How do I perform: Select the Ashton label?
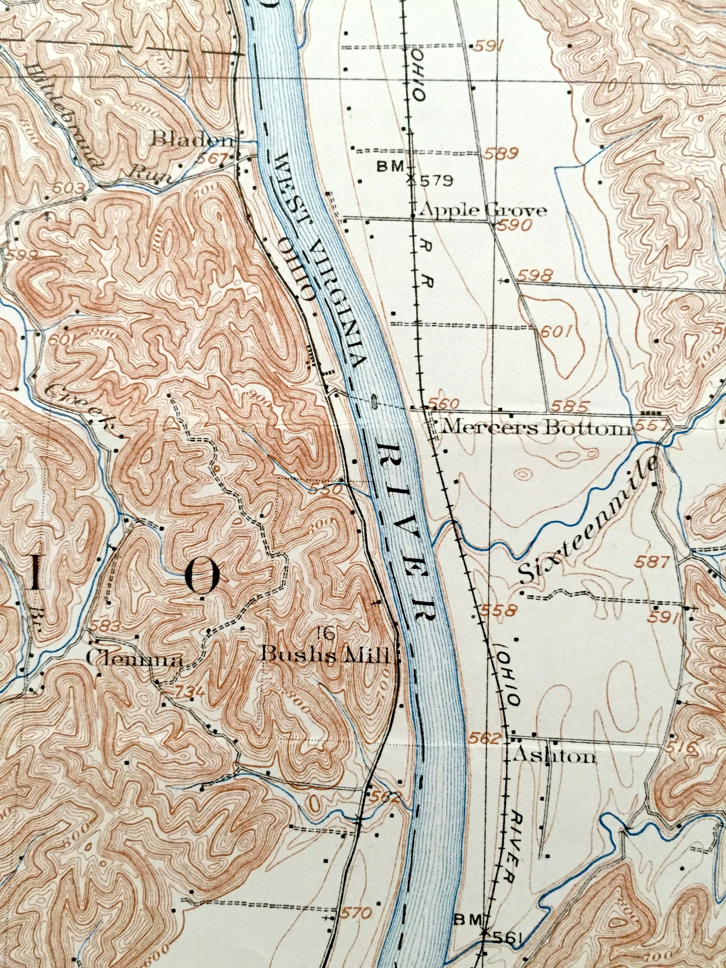pos(554,756)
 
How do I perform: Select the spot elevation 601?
pos(556,332)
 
